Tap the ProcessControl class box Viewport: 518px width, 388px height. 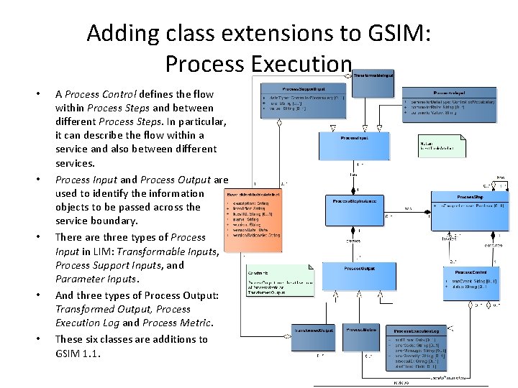point(476,281)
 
